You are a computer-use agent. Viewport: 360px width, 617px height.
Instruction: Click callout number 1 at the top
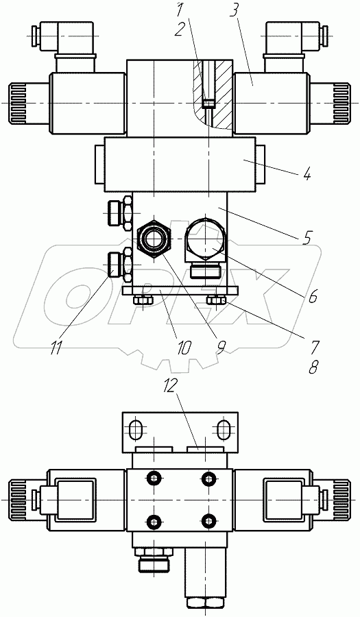[180, 10]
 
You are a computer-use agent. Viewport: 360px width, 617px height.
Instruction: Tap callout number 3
[234, 12]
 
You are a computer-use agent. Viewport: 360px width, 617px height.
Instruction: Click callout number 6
[312, 297]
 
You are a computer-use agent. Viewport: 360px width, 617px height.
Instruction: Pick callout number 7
[315, 347]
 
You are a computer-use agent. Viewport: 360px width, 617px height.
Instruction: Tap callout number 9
[221, 346]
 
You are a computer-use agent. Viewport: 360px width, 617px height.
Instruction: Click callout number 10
[183, 347]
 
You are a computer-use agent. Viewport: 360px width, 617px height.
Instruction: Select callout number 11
[57, 348]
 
